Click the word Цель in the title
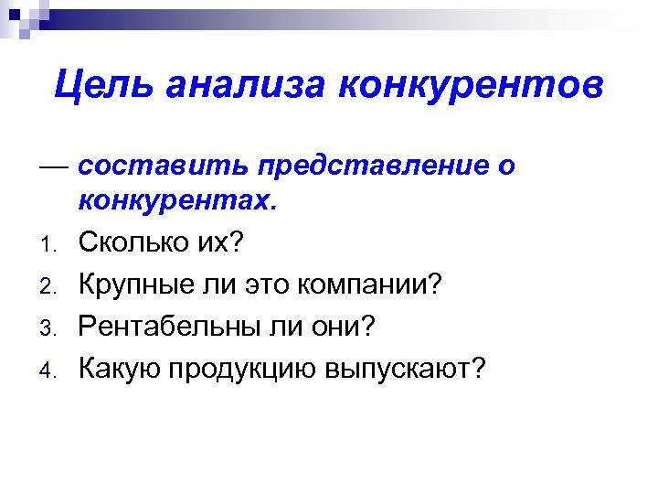click(101, 86)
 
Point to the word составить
click(160, 167)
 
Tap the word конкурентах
click(176, 202)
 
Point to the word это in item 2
click(265, 286)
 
